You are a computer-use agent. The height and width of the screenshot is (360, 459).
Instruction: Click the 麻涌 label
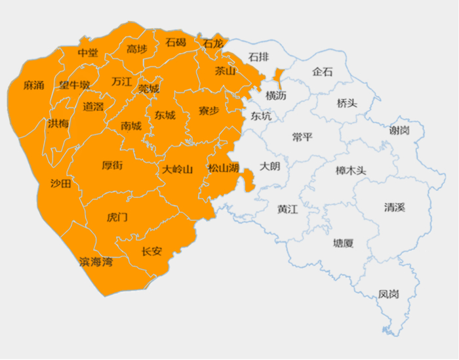(33, 85)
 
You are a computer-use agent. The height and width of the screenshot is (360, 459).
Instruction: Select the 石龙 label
(213, 44)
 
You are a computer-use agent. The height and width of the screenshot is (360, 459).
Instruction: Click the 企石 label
(323, 71)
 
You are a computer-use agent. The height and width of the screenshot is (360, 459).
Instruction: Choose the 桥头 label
(347, 104)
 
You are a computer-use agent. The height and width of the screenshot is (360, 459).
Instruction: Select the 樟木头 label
(351, 170)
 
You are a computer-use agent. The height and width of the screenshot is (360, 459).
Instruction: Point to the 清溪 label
(395, 207)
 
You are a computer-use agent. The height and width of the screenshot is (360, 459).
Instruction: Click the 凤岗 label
(389, 294)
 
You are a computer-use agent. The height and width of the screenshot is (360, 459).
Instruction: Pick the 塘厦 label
(343, 243)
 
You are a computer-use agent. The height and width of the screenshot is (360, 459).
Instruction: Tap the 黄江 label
(287, 209)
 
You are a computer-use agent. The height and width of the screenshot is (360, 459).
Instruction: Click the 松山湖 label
(223, 168)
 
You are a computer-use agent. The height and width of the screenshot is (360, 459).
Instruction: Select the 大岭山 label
(177, 169)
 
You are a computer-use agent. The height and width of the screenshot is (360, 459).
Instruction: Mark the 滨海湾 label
(96, 262)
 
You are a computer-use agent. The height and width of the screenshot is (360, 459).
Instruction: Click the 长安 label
(151, 251)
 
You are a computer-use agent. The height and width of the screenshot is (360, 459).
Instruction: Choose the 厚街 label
(112, 165)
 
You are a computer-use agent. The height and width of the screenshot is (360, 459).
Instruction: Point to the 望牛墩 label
(74, 85)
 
